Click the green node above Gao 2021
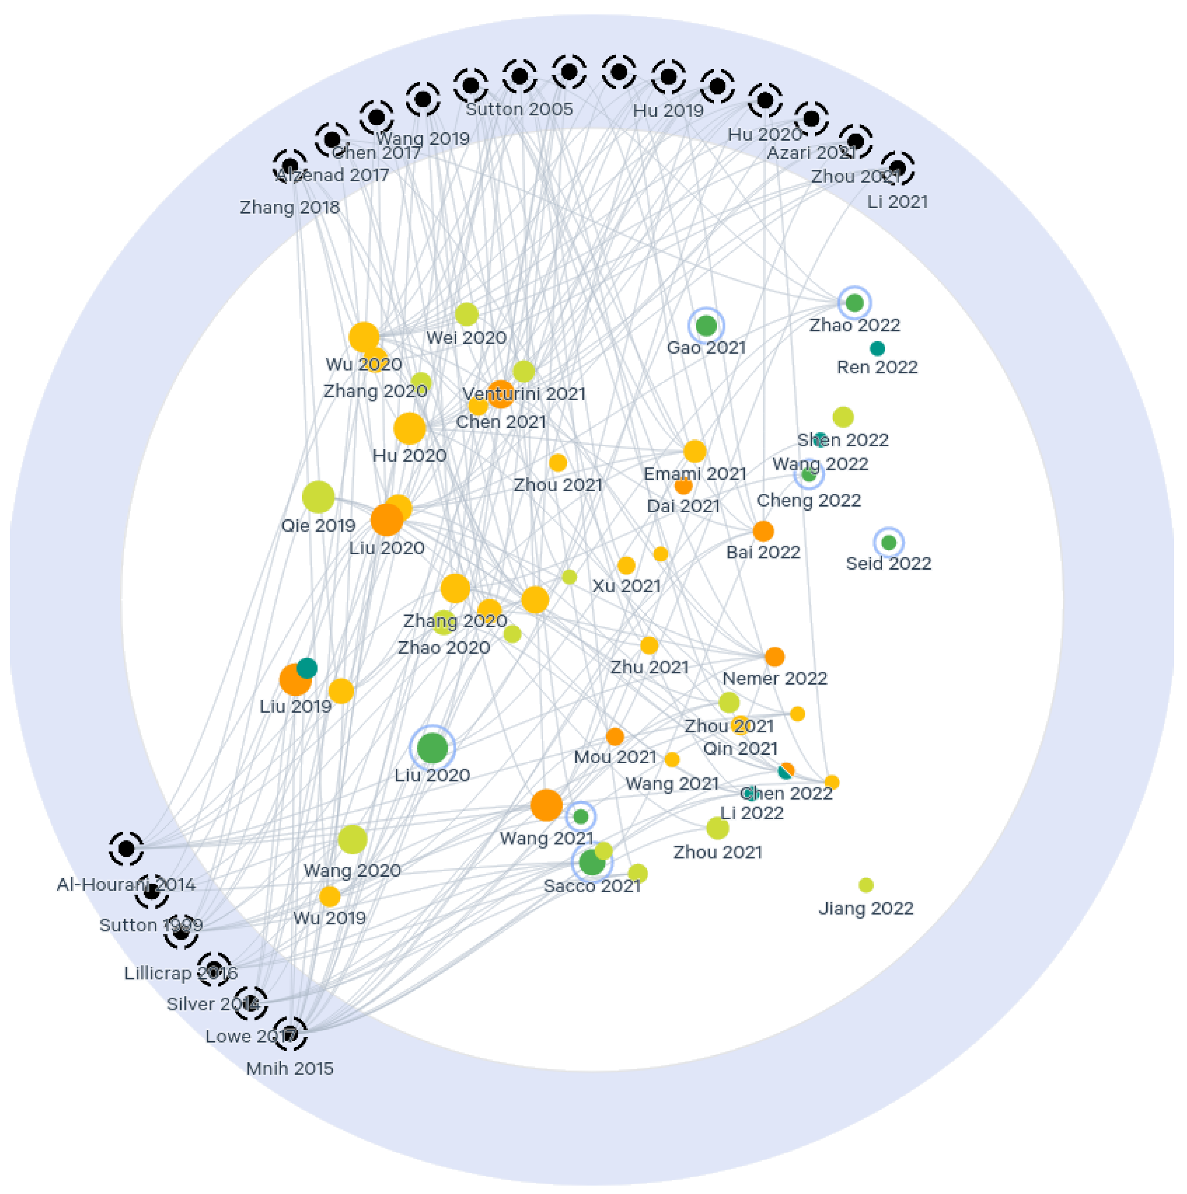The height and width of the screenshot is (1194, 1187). (x=706, y=325)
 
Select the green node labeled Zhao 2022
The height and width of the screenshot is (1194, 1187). (x=854, y=303)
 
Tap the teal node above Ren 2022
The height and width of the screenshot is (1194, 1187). (x=877, y=348)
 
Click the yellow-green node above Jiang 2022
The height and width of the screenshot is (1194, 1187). (x=866, y=885)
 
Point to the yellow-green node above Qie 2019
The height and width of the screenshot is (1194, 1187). (x=318, y=497)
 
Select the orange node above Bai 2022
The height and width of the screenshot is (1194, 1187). (x=763, y=531)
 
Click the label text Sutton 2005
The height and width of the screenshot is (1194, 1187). (x=519, y=110)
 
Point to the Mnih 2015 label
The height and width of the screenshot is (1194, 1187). (x=289, y=1069)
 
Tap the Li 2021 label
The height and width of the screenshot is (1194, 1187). (x=897, y=202)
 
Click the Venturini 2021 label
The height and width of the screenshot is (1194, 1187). (x=523, y=394)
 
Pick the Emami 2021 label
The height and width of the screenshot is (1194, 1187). (x=694, y=474)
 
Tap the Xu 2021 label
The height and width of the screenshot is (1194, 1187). (x=626, y=586)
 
